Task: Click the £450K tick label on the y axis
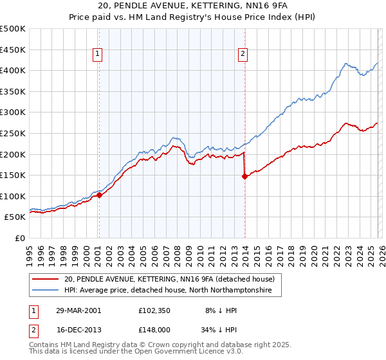point(13,50)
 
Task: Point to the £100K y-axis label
point(13,196)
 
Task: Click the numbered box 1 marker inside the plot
point(98,55)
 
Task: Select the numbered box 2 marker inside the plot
point(243,55)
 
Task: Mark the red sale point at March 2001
point(99,195)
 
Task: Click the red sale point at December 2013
point(244,176)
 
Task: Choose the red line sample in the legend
point(44,279)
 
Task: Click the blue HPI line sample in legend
point(44,291)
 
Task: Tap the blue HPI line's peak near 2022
point(346,64)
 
